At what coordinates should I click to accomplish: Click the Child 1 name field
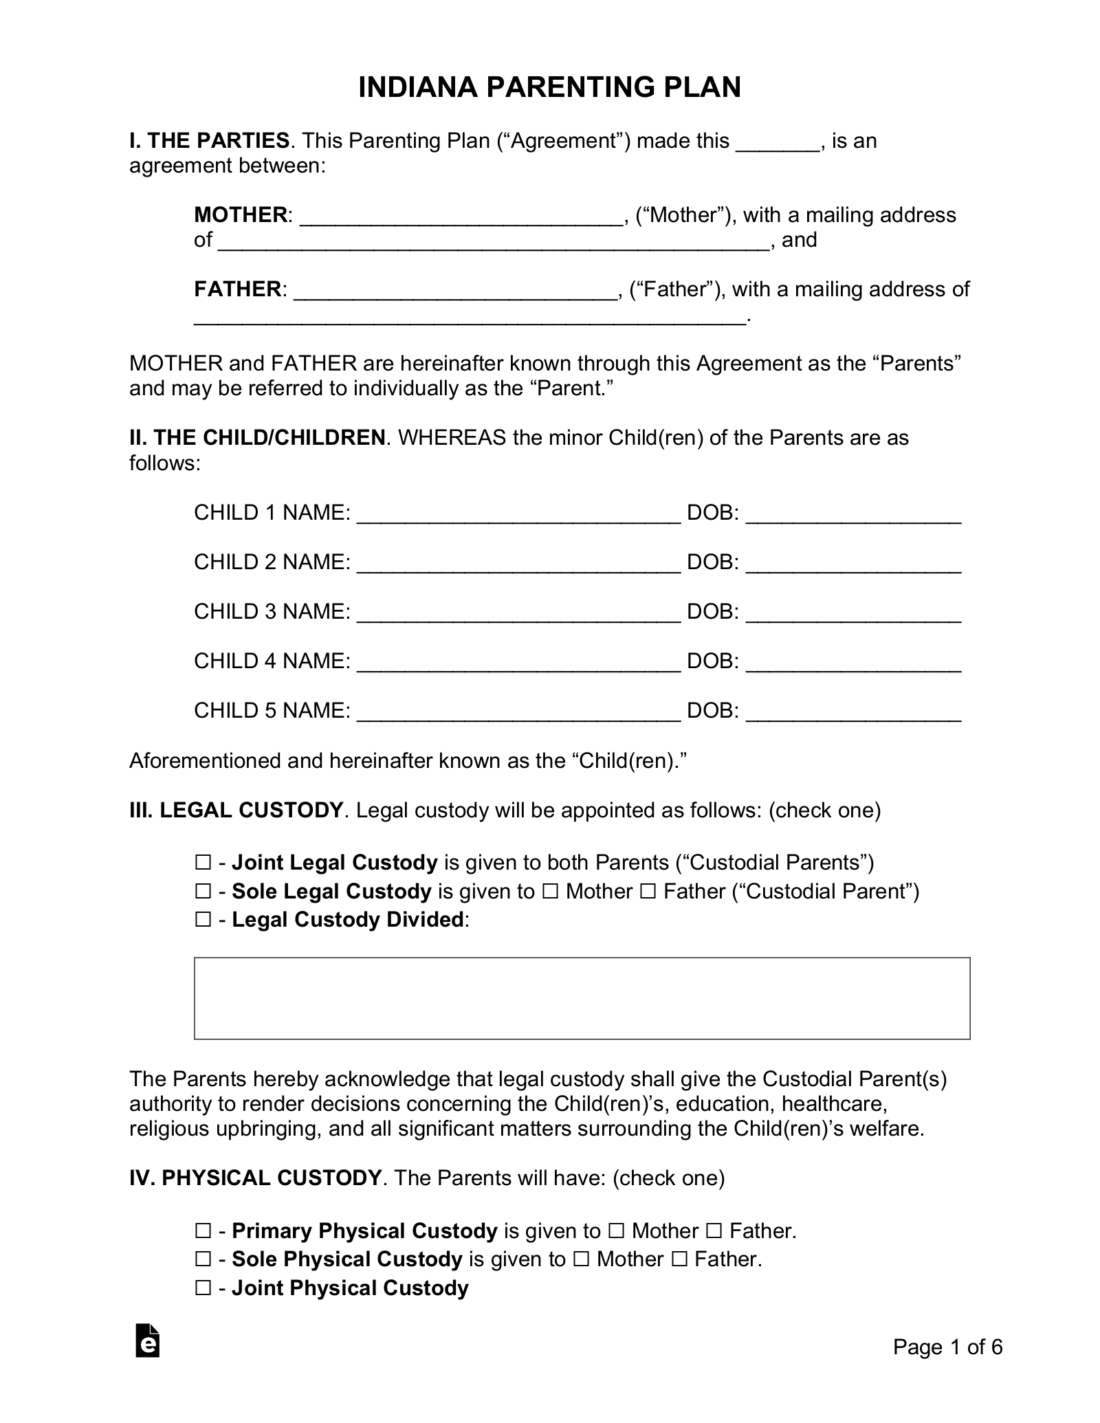[519, 514]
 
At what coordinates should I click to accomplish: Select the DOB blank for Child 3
[853, 613]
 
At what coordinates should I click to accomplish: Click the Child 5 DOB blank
[853, 712]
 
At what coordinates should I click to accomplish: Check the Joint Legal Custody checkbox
[203, 862]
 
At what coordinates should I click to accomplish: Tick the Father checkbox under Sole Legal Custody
[648, 892]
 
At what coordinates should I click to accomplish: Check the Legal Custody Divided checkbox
[203, 920]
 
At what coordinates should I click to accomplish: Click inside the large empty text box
[582, 997]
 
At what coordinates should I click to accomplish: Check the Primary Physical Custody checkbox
[203, 1231]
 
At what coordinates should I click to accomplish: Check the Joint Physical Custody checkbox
[203, 1288]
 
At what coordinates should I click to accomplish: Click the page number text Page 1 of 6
[947, 1366]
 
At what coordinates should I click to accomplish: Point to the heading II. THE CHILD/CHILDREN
[258, 438]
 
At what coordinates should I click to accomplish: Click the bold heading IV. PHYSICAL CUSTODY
[255, 1178]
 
